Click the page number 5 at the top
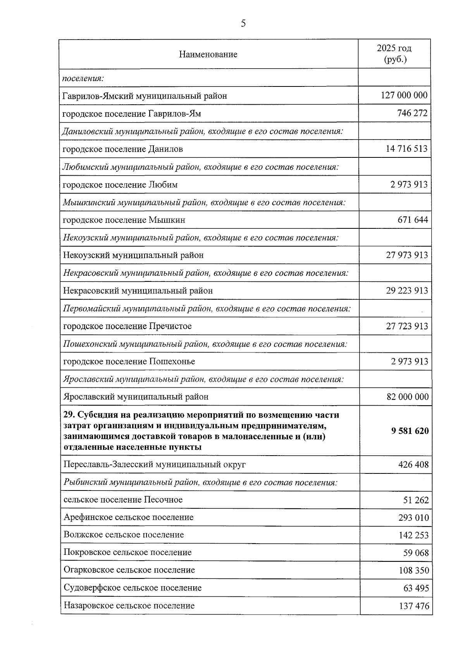tap(243, 24)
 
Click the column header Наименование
tap(208, 54)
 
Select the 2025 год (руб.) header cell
tap(394, 54)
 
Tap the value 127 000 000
tap(404, 95)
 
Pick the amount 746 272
tap(412, 113)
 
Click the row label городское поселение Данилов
tap(123, 149)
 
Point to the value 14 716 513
tap(406, 149)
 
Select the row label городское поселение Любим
tap(120, 185)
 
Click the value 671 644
tap(413, 220)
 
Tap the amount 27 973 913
tap(407, 255)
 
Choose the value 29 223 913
tap(407, 291)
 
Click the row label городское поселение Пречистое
tap(127, 326)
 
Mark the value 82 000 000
tap(408, 397)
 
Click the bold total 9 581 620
tap(410, 431)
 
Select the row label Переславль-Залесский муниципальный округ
tap(154, 465)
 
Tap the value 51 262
tap(416, 500)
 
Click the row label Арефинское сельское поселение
tap(128, 517)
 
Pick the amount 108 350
tap(414, 571)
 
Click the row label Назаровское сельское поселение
tap(129, 606)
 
